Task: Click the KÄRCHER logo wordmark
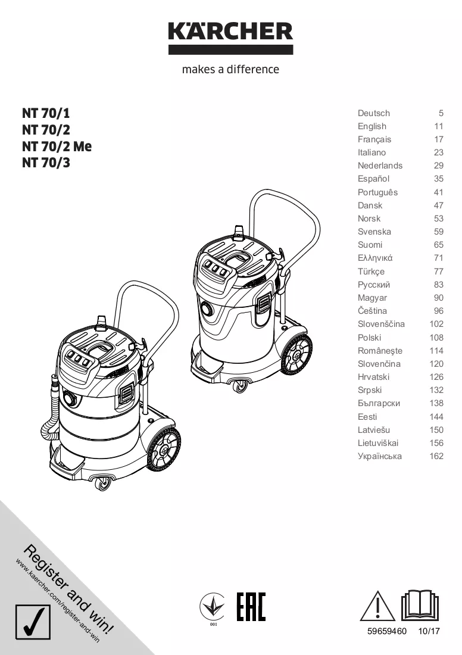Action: click(230, 32)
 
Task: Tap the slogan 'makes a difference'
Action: click(230, 69)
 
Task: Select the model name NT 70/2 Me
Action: click(57, 146)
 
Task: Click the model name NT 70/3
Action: click(46, 163)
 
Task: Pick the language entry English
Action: click(372, 126)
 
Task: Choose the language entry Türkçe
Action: click(371, 272)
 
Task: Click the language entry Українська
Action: click(380, 456)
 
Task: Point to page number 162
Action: click(436, 456)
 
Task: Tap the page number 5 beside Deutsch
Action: click(441, 113)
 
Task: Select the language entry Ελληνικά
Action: click(375, 258)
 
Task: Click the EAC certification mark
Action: click(251, 607)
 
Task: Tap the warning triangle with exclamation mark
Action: click(377, 606)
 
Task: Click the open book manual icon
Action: click(420, 605)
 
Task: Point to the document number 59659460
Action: click(387, 631)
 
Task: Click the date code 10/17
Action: click(429, 631)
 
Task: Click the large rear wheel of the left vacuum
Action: click(163, 450)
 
